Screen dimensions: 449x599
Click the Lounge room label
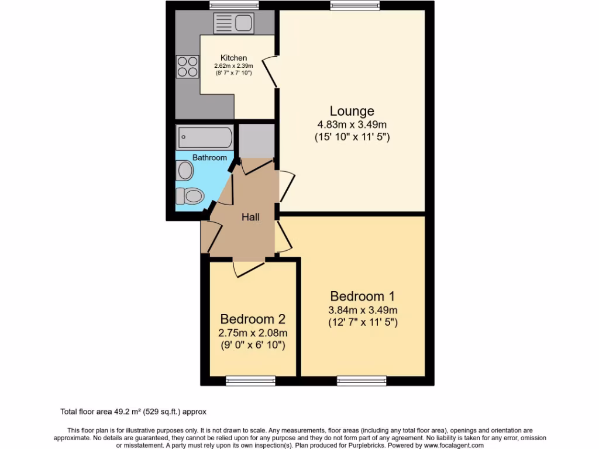352,110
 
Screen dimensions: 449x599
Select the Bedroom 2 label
252,319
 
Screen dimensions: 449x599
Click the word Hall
250,217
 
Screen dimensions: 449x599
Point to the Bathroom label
209,158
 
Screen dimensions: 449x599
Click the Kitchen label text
233,58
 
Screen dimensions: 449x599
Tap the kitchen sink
233,23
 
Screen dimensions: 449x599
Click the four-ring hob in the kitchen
187,65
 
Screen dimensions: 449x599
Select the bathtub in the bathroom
205,138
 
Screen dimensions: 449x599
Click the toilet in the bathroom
190,195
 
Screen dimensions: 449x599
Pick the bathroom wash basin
185,171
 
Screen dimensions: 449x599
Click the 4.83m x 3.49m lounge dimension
352,125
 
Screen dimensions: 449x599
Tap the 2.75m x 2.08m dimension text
252,333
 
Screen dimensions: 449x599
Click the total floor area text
134,412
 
